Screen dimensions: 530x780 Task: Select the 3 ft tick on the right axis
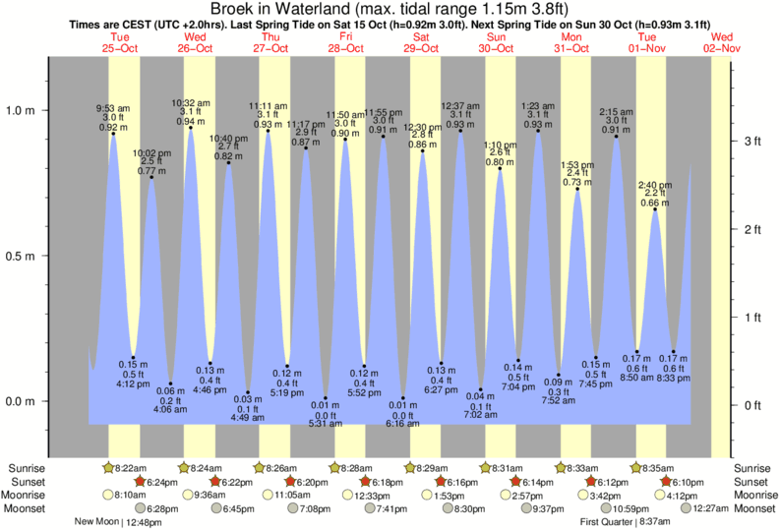point(752,142)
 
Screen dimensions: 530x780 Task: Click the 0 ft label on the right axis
point(752,405)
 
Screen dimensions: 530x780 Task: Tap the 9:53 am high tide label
point(112,108)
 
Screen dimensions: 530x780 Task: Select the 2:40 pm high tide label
point(654,185)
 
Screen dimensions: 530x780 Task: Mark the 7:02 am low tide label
point(482,416)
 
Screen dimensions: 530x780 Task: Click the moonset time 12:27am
point(709,508)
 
